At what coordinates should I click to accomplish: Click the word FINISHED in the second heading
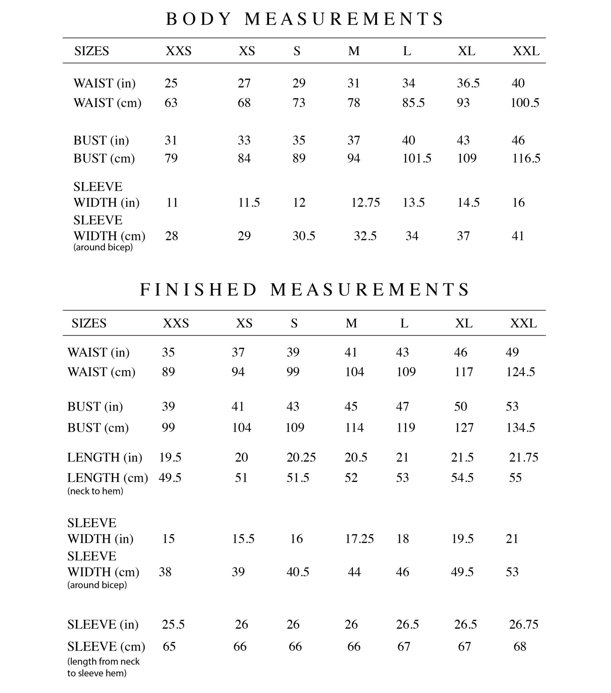(x=198, y=290)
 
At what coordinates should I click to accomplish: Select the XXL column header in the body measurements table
(x=526, y=51)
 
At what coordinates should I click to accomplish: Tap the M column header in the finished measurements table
(x=351, y=323)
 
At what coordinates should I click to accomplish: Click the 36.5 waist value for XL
(x=468, y=83)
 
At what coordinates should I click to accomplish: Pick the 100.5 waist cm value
(x=524, y=103)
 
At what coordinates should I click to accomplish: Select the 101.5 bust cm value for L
(x=417, y=158)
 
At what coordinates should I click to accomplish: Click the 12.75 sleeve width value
(x=365, y=203)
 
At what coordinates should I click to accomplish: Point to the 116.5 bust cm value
(x=526, y=158)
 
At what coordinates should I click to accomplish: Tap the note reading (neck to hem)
(x=95, y=491)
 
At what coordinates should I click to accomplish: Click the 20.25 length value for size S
(x=301, y=457)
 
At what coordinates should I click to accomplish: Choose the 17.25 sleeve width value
(x=359, y=539)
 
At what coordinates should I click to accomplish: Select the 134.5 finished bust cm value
(x=520, y=428)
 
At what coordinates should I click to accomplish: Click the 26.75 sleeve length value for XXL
(x=523, y=624)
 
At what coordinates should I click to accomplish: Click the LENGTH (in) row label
(x=105, y=458)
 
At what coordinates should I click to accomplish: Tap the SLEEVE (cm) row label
(x=106, y=647)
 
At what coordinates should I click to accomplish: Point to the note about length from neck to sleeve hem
(x=103, y=667)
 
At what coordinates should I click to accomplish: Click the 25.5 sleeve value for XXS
(x=173, y=624)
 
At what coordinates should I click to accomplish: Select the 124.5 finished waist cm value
(x=520, y=372)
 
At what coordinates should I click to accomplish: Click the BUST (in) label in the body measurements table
(x=101, y=140)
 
